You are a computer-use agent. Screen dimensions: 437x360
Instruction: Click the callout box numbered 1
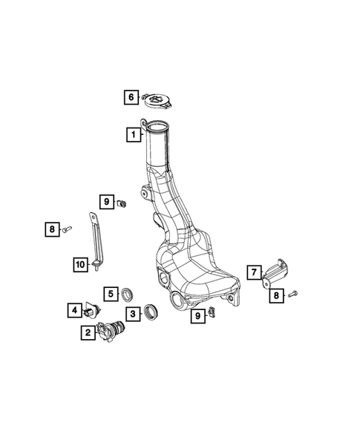point(132,135)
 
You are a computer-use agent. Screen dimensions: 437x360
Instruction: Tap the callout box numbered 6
point(130,96)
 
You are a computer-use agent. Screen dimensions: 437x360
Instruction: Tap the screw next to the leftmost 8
point(67,230)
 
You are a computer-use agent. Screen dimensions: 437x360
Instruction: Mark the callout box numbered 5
point(109,294)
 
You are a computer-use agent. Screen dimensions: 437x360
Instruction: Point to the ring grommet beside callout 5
point(128,292)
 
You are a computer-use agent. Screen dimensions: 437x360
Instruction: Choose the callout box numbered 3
point(132,314)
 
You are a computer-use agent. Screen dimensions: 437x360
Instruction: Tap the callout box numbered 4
point(75,309)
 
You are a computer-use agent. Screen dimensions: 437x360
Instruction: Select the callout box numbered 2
point(88,333)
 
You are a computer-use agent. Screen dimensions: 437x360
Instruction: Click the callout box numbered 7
point(253,272)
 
